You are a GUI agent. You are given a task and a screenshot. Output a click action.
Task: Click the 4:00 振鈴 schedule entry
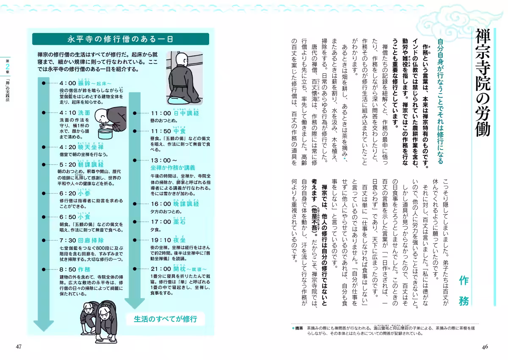[x=85, y=83]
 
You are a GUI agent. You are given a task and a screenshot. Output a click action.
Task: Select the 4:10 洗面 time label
[x=75, y=113]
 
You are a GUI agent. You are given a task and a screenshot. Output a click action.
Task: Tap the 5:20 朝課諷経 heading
[x=82, y=164]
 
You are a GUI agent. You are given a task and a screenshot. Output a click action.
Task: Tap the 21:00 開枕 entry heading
[x=178, y=269]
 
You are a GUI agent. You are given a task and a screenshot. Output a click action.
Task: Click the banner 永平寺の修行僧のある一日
[x=120, y=39]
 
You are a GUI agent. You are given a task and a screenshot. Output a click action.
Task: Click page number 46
[x=485, y=347]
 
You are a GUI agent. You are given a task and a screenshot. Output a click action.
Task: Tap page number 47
[x=18, y=347]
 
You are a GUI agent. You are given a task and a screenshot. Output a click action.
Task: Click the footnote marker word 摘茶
[x=299, y=328]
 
